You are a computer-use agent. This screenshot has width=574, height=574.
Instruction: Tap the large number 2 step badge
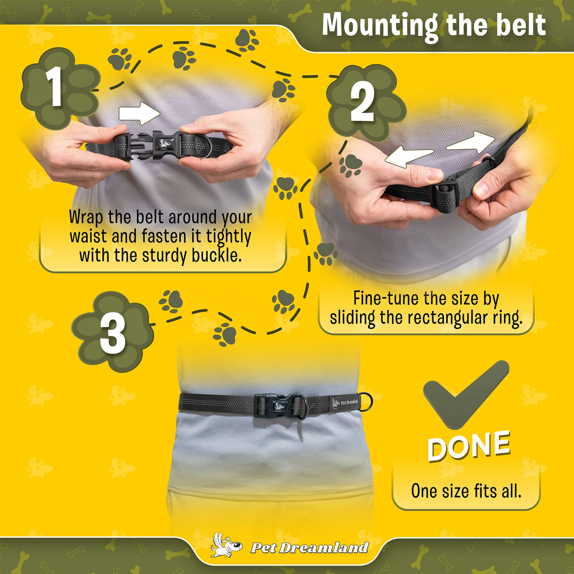366,103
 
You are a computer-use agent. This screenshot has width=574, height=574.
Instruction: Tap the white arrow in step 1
139,113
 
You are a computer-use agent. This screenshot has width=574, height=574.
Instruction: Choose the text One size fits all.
466,491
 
